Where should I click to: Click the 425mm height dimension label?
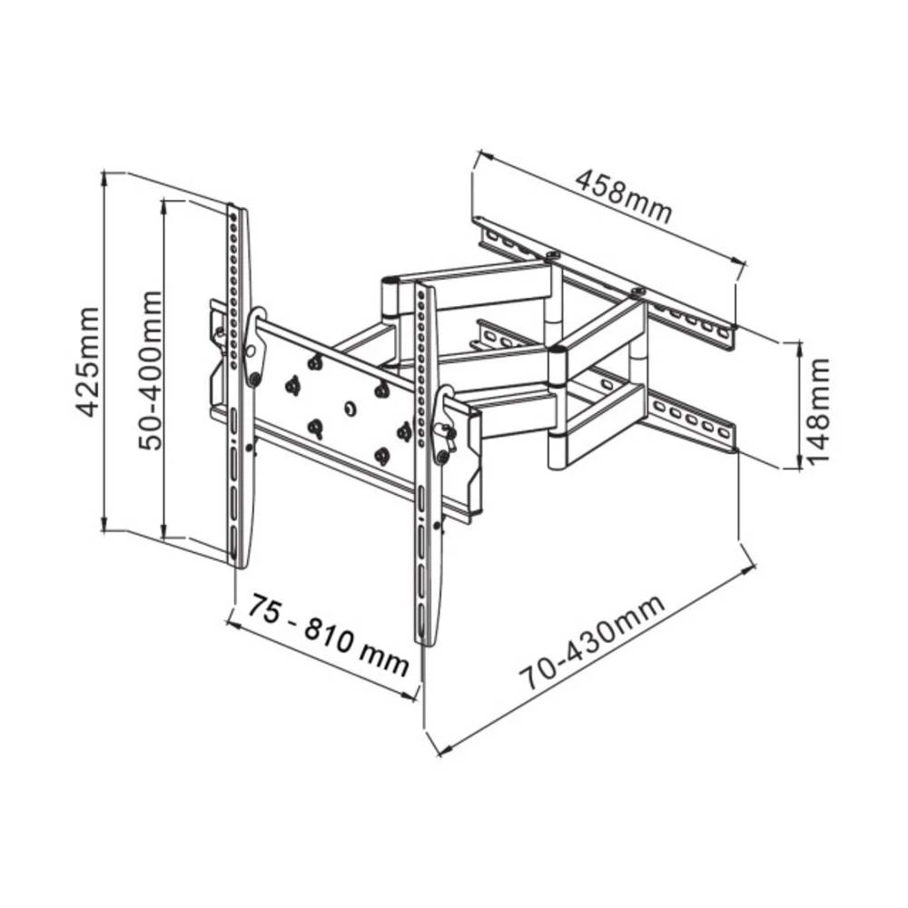pyautogui.click(x=87, y=361)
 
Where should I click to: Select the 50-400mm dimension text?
pyautogui.click(x=150, y=370)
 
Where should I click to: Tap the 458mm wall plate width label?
pyautogui.click(x=624, y=197)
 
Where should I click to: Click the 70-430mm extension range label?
pyautogui.click(x=592, y=643)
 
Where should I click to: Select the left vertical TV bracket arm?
pyautogui.click(x=237, y=381)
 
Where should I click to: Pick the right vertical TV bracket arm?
pyautogui.click(x=427, y=454)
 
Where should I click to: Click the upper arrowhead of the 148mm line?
pyautogui.click(x=798, y=346)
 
